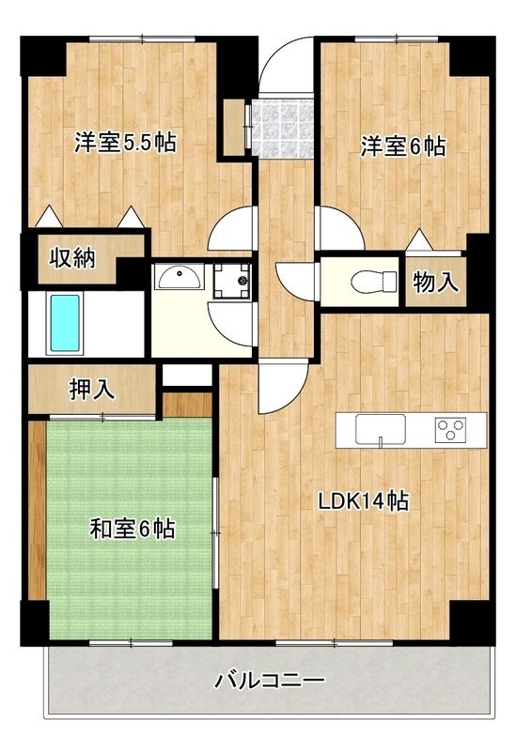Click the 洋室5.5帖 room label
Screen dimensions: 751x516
(x=126, y=144)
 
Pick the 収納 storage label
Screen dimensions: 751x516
(x=72, y=257)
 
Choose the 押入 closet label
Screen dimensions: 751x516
(x=92, y=389)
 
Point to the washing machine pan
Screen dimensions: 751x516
(x=230, y=279)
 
